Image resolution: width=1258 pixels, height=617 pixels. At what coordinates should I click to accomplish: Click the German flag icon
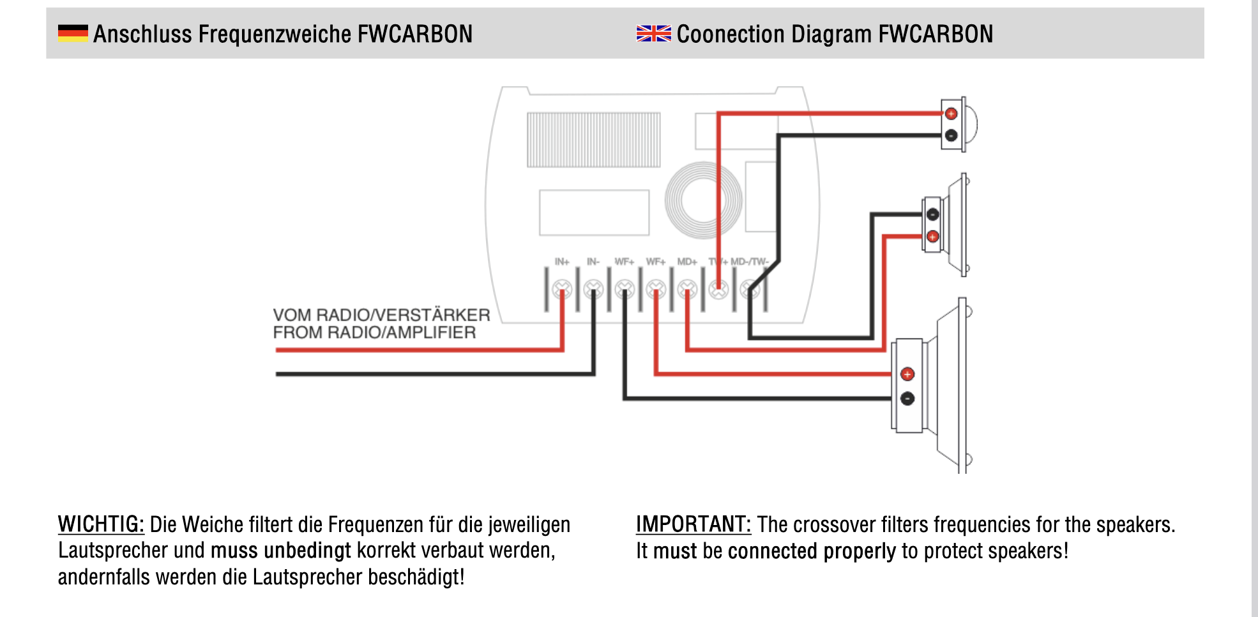[73, 33]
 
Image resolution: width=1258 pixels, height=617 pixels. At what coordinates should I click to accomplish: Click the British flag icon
[653, 33]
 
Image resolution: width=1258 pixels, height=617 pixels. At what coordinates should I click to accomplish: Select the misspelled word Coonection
[730, 34]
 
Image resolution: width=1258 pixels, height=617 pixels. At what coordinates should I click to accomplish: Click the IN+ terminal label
[562, 262]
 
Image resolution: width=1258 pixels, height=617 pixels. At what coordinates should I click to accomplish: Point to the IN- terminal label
[593, 262]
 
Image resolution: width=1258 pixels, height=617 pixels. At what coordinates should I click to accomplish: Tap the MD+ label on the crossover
[687, 262]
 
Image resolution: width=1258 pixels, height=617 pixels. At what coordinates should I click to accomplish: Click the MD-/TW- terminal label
[750, 262]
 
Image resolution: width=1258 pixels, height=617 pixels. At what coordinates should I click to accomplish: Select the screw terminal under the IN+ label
[562, 290]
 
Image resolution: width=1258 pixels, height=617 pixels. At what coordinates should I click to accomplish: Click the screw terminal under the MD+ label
[687, 290]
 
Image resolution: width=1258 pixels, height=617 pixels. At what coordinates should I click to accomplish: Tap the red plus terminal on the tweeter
[951, 114]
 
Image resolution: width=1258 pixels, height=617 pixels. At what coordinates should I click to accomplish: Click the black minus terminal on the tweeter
[951, 135]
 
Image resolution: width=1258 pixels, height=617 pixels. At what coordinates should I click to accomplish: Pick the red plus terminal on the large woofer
[907, 374]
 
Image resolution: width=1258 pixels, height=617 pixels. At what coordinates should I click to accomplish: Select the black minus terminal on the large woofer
[907, 399]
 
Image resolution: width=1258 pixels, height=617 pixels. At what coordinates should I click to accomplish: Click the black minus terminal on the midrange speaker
[932, 214]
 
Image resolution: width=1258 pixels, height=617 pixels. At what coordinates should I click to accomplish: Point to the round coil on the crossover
[703, 200]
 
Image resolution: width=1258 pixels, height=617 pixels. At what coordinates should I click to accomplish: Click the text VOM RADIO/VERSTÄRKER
[381, 315]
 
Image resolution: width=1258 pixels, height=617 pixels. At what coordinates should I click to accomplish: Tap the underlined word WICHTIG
[101, 524]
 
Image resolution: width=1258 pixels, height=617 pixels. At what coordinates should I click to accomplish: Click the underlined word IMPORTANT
[693, 524]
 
